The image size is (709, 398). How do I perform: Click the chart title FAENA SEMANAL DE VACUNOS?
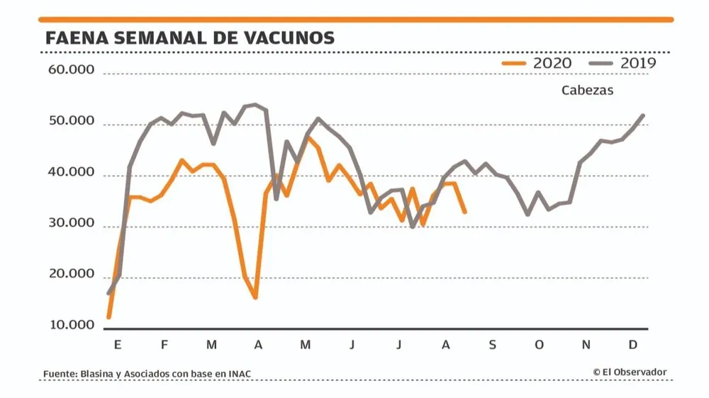coord(189,38)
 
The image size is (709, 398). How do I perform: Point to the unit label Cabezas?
coord(587,91)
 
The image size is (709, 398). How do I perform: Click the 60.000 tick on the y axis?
coord(70,70)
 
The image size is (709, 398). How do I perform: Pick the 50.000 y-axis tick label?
coord(70,121)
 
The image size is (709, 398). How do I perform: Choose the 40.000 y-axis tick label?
coord(70,173)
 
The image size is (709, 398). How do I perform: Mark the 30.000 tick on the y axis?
coord(70,224)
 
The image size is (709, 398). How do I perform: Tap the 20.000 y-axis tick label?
coord(70,275)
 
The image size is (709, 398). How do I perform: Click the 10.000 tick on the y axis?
coord(70,326)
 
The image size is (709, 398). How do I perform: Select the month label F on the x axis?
coord(164,345)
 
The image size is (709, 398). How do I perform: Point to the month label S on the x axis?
coord(492,345)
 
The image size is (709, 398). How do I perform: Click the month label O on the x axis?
coord(539,345)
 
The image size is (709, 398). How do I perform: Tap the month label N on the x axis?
coord(586,345)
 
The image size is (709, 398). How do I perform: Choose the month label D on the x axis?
coord(633,345)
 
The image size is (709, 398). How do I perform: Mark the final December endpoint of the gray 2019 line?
coord(643,115)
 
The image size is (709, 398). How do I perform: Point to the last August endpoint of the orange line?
coord(464,212)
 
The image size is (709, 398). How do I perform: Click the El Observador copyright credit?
coord(630,372)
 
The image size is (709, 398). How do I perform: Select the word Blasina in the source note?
coord(99,373)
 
